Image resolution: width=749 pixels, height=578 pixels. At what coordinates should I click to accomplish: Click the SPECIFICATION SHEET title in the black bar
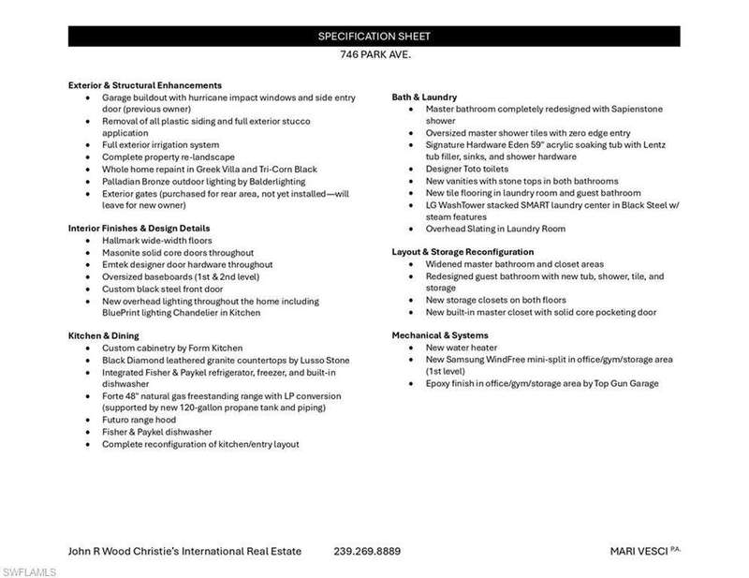(x=374, y=37)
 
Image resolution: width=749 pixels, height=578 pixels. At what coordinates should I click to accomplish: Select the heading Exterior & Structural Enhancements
(x=144, y=85)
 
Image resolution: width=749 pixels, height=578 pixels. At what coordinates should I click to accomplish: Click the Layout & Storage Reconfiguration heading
(x=463, y=252)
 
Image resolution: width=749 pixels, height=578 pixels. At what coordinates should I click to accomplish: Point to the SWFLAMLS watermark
(x=28, y=571)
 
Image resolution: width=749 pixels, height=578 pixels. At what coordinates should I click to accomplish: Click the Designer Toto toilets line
(x=462, y=169)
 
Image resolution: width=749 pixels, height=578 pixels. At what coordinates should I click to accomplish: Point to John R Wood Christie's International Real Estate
(x=185, y=551)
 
